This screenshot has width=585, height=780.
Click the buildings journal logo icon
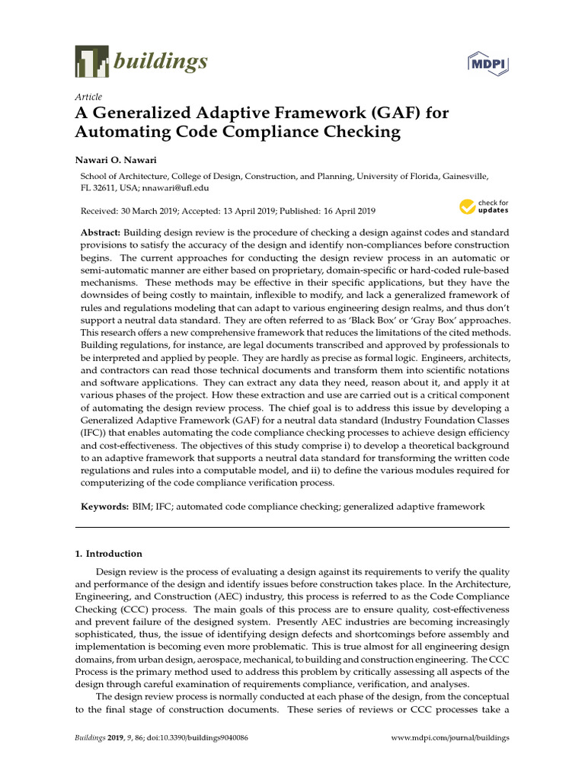(x=91, y=62)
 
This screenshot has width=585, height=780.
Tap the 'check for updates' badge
(x=484, y=206)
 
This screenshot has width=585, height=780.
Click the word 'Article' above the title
(x=88, y=97)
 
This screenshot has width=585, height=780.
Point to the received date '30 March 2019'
(x=151, y=211)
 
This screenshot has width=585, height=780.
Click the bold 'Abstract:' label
(x=101, y=231)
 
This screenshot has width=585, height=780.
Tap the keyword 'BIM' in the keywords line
(x=141, y=507)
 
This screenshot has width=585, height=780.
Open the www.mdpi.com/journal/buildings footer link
(x=450, y=738)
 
